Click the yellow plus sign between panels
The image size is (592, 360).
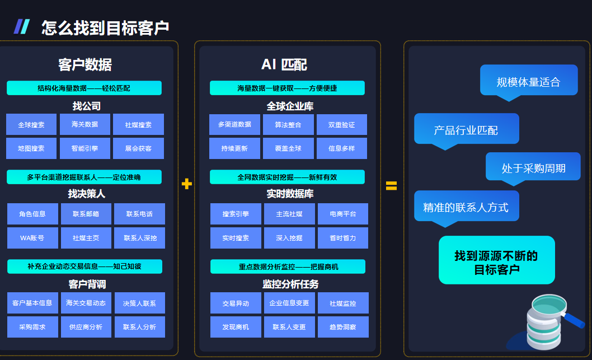tap(186, 184)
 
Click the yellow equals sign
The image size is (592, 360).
tap(391, 185)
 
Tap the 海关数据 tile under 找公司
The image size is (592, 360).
tap(85, 124)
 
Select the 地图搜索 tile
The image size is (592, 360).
tap(31, 148)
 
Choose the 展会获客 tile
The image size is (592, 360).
tap(139, 148)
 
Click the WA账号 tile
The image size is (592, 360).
tap(32, 237)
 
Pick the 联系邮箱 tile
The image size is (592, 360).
tap(86, 214)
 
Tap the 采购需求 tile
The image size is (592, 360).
tap(32, 327)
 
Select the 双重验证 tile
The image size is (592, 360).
tap(342, 124)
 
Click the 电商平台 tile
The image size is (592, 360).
tap(343, 214)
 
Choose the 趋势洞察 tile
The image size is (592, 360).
tap(343, 327)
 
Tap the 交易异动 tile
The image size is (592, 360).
tap(236, 303)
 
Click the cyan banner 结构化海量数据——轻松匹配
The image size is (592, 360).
tap(84, 88)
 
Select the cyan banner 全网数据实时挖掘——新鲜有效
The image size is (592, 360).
tap(287, 177)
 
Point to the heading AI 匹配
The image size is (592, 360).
tap(284, 64)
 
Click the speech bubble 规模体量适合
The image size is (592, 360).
tap(529, 82)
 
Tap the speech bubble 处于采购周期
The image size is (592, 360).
tap(533, 168)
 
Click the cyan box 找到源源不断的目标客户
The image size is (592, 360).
tap(497, 260)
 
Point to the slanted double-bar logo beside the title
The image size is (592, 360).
tap(21, 27)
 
